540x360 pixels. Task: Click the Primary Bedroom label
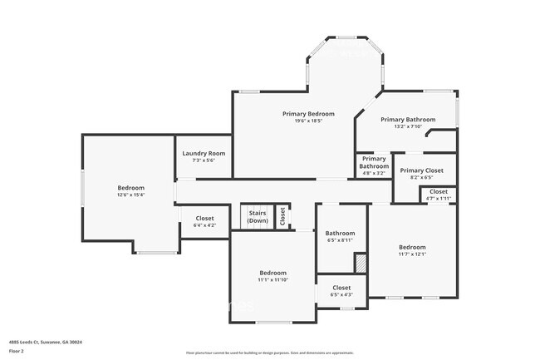point(308,113)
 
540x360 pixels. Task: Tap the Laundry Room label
point(204,153)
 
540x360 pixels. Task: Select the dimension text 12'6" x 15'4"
point(130,195)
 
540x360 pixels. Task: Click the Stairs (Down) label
point(258,217)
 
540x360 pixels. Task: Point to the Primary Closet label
point(422,170)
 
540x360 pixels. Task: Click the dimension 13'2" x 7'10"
point(408,127)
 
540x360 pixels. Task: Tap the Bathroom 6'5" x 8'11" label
point(340,236)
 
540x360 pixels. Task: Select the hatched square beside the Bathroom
point(360,263)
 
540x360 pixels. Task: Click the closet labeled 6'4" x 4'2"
point(204,222)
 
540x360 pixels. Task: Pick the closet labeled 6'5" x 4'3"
point(341,290)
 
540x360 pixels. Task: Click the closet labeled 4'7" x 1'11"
point(438,195)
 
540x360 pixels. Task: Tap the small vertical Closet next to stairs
point(282,216)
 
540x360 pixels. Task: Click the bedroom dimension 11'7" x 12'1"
point(411,254)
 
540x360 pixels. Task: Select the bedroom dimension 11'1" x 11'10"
point(272,280)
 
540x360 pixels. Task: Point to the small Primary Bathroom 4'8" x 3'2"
point(373,165)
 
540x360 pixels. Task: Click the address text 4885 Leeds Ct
point(46,342)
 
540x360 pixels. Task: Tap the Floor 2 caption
point(17,351)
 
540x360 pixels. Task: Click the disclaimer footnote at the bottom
point(269,353)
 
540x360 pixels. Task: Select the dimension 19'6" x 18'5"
point(308,121)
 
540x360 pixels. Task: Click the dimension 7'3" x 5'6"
point(204,160)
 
